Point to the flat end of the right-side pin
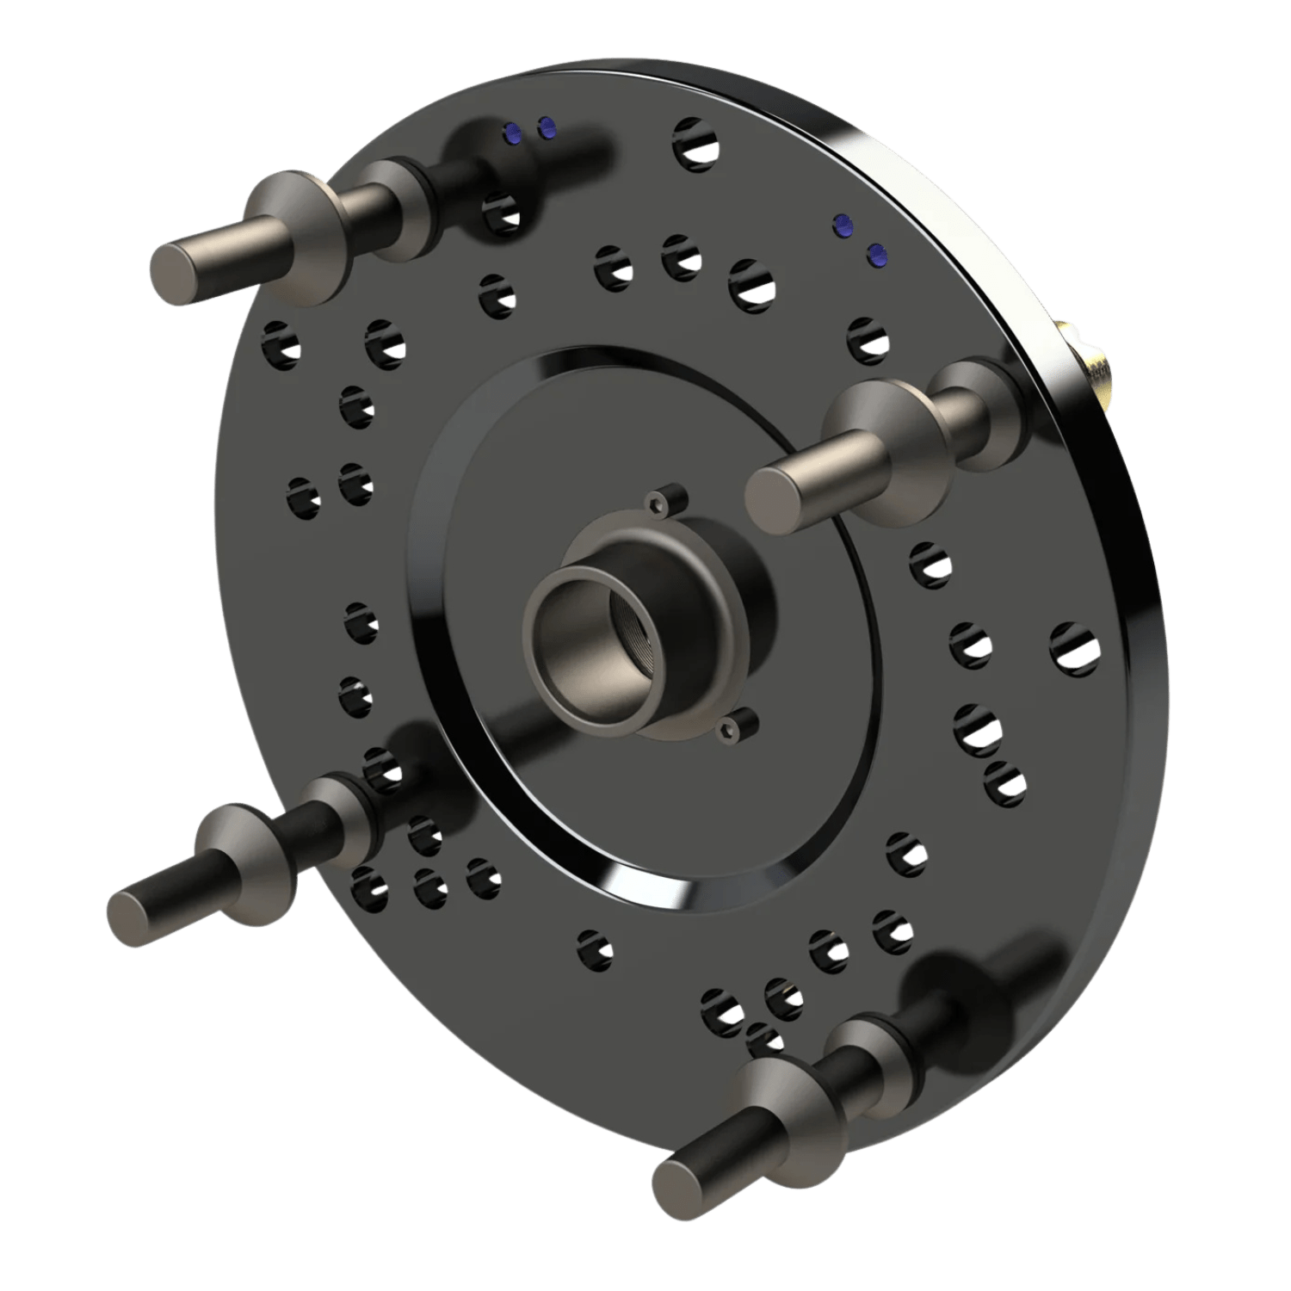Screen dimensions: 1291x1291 pyautogui.click(x=769, y=494)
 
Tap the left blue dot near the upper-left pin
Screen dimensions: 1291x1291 pyautogui.click(x=514, y=131)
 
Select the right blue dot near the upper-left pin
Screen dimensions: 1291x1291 pyautogui.click(x=546, y=129)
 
